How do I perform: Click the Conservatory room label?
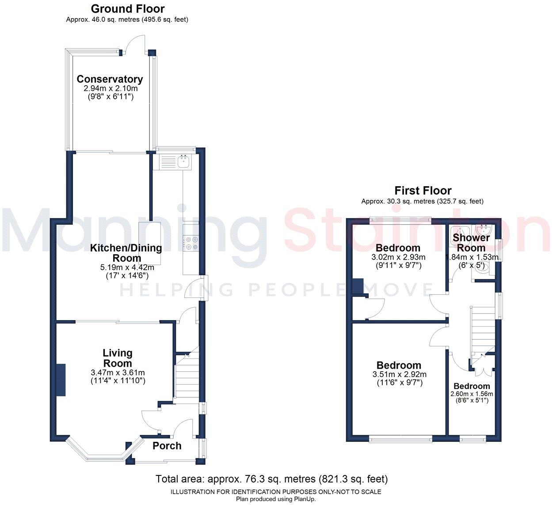[110, 79]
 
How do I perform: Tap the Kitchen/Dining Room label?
[126, 253]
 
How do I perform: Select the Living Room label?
[118, 358]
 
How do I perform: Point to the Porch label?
[167, 446]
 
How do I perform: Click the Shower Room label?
[471, 243]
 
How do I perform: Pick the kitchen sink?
[183, 162]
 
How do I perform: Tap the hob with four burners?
[191, 243]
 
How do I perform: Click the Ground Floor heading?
[127, 9]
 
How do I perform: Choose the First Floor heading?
[423, 191]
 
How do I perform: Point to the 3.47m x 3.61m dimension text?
[118, 373]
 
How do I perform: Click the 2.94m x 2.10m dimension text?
[110, 88]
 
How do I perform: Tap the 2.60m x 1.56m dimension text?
[472, 394]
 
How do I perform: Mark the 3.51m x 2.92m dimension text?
[400, 375]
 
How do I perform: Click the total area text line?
[271, 479]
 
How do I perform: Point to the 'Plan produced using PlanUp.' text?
[276, 499]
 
